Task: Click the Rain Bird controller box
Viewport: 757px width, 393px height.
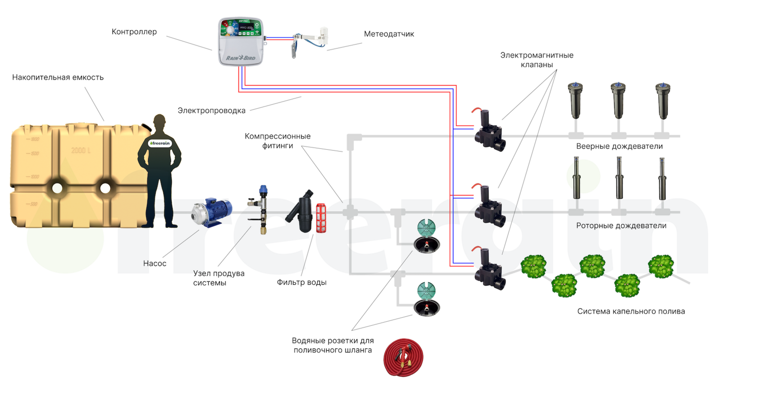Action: [241, 42]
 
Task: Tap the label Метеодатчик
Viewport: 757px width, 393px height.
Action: [389, 34]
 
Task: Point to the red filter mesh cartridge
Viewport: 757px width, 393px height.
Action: [321, 218]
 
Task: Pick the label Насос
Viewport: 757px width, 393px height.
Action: [155, 264]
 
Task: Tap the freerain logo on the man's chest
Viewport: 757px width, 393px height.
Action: [160, 143]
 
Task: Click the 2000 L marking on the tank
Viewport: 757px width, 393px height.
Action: [81, 150]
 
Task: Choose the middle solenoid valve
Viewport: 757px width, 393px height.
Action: [489, 207]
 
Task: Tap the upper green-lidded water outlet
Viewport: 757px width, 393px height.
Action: [426, 236]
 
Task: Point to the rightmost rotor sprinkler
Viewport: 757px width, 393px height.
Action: [661, 180]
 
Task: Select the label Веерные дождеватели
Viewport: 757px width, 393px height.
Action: [619, 146]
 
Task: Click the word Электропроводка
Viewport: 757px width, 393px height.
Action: [211, 111]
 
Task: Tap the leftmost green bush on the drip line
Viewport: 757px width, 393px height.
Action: [534, 266]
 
